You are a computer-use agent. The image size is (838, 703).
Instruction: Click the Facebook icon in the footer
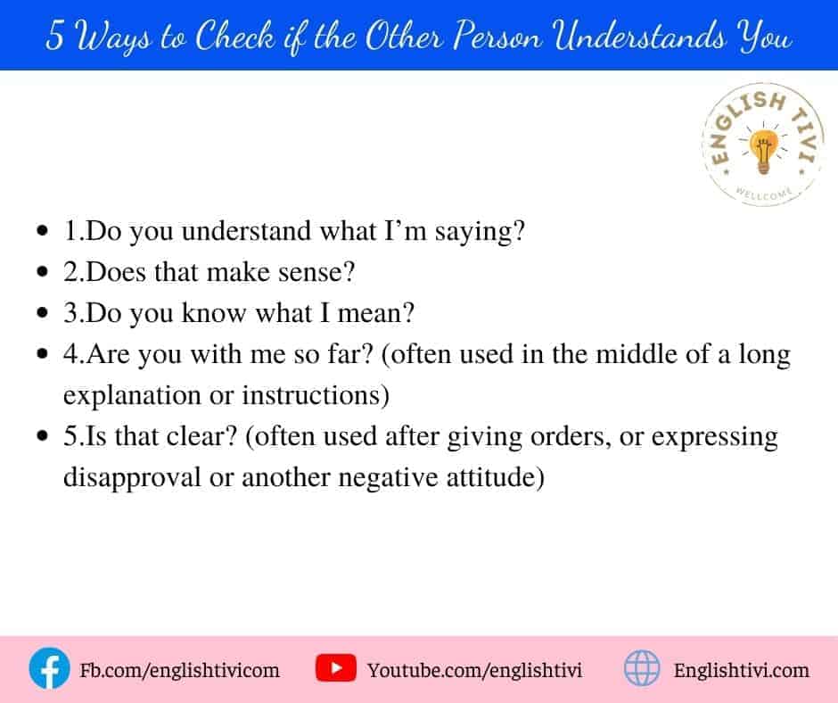[49, 668]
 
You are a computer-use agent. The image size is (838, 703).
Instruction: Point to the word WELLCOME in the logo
[764, 194]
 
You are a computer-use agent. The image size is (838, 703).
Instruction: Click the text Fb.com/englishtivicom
[179, 670]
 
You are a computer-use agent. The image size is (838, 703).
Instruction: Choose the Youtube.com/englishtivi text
[474, 670]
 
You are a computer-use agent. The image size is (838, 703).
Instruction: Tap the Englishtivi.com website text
[741, 670]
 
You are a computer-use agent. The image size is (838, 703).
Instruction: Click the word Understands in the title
[640, 36]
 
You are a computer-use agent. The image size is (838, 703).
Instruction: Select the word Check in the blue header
[234, 36]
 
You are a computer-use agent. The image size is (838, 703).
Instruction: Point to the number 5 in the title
[54, 36]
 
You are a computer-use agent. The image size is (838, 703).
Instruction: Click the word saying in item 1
[480, 233]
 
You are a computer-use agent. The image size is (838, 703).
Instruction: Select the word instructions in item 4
[316, 395]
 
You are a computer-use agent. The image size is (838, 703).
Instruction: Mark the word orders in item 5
[571, 437]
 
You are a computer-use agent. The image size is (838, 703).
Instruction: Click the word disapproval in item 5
[132, 478]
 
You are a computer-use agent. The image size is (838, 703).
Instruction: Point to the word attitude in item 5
[495, 477]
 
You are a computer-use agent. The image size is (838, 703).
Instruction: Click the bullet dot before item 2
[42, 272]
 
